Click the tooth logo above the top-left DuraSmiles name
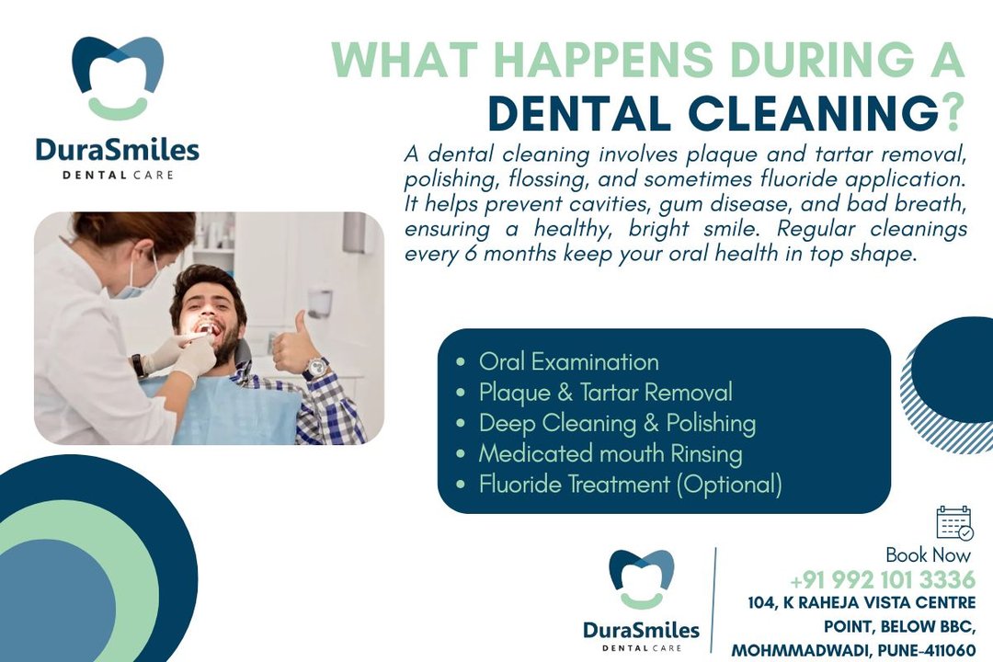click(x=118, y=78)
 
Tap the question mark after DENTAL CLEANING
click(x=952, y=113)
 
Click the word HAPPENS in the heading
click(x=603, y=60)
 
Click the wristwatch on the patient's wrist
click(x=315, y=369)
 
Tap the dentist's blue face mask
click(x=135, y=283)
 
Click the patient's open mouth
click(x=207, y=329)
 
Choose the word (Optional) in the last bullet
click(x=729, y=485)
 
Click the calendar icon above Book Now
click(x=953, y=522)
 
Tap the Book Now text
click(x=928, y=555)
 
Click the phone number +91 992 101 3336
click(x=883, y=579)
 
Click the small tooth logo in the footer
click(x=642, y=579)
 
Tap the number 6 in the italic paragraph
click(x=470, y=254)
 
